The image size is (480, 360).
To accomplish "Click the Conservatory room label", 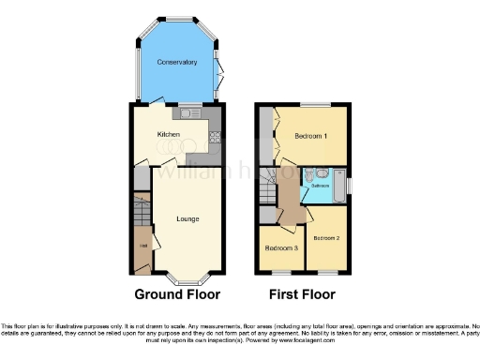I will (x=177, y=63).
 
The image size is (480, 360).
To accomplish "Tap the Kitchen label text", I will (x=169, y=135).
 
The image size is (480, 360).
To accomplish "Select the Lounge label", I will (x=187, y=219).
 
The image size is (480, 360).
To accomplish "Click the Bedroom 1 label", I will (x=311, y=136).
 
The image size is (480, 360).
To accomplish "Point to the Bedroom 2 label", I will (x=326, y=238).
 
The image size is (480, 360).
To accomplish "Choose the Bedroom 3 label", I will (x=280, y=248).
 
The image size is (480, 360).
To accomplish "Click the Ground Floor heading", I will (x=177, y=293).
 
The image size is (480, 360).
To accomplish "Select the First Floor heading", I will (x=302, y=293).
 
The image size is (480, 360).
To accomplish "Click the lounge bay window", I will (x=187, y=278).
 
